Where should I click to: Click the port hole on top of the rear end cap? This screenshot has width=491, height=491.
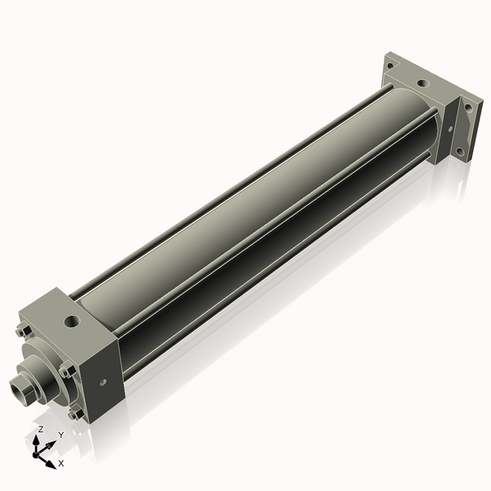(422, 83)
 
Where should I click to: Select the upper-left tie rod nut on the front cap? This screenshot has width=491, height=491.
(22, 331)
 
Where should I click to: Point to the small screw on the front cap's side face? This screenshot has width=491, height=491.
(103, 381)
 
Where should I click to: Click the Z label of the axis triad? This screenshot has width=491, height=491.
(40, 429)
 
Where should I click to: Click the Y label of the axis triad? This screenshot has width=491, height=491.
(61, 435)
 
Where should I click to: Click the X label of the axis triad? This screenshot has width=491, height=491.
(61, 463)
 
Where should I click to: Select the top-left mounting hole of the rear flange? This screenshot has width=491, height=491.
(393, 62)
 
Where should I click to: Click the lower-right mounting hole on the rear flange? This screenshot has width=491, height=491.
(460, 151)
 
